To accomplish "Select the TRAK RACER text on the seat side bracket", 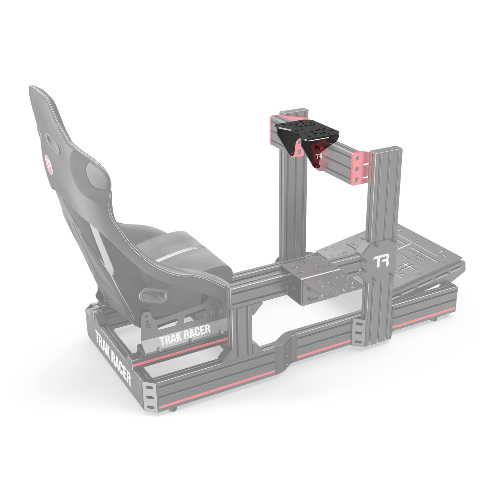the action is pyautogui.click(x=185, y=335).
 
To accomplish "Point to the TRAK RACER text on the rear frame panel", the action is pyautogui.click(x=113, y=358).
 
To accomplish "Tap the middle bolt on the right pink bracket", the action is pyautogui.click(x=357, y=169).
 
